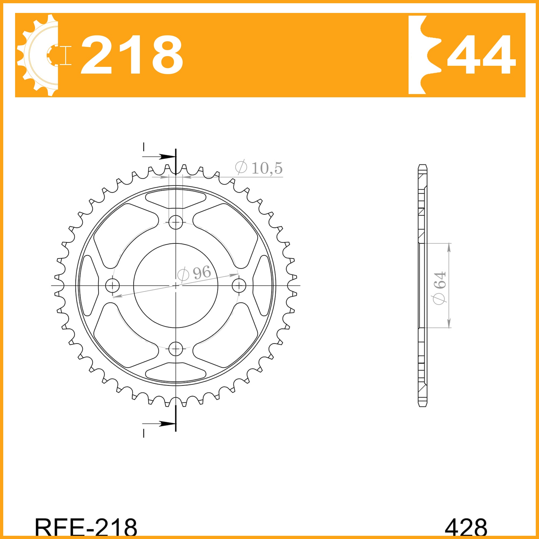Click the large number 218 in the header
point(132,55)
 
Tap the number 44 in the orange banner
point(481,55)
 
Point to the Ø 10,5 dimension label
point(258,168)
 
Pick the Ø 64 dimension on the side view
point(440,288)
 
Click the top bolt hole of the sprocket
point(175,222)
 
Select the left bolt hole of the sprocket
point(112,285)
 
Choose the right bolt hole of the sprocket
point(239,285)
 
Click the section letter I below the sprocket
point(144,433)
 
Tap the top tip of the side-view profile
point(422,166)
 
